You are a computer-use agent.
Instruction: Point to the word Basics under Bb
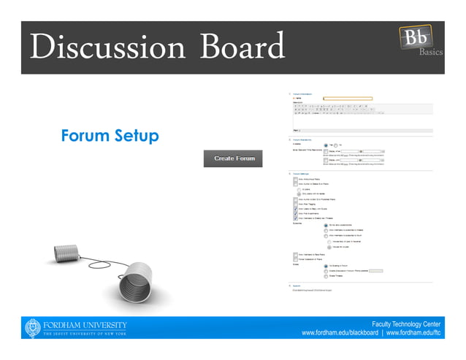430,53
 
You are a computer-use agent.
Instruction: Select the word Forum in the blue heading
85,136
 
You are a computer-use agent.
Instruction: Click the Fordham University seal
33,328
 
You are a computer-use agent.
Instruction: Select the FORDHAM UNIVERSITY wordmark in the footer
85,324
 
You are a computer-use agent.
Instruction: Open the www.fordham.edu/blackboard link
339,333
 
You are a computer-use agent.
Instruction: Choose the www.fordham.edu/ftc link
413,333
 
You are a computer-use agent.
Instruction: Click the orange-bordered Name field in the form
348,98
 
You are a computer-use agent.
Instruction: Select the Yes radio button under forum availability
326,144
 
